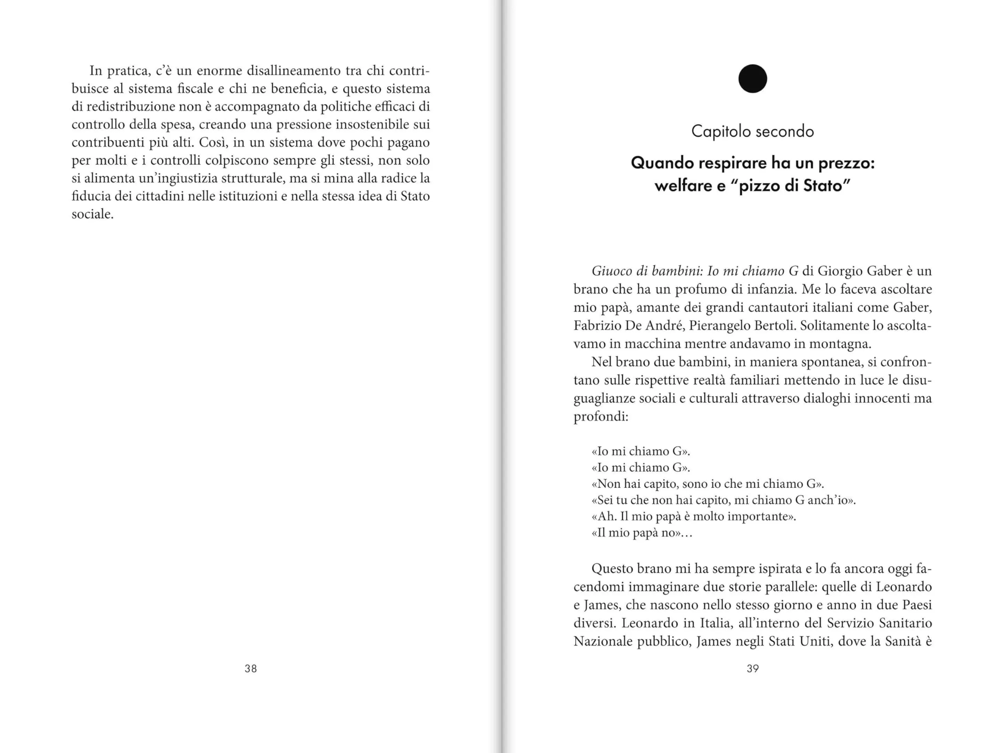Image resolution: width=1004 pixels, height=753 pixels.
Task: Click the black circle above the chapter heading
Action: click(752, 78)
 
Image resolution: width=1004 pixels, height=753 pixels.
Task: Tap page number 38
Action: click(251, 668)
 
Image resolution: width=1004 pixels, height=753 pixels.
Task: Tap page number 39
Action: click(753, 668)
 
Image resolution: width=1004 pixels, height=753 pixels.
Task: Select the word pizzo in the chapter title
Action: click(762, 186)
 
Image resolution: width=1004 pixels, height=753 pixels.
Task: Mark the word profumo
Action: click(700, 289)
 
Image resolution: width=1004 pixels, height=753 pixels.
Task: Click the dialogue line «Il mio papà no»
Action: click(641, 533)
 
